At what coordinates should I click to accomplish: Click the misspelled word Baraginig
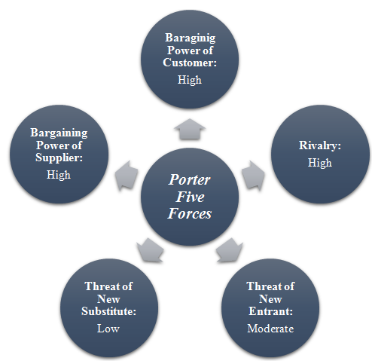190,38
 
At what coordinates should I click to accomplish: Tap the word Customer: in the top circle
190,63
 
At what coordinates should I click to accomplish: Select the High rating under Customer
190,81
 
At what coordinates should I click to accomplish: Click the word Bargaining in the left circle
59,133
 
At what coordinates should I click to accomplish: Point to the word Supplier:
59,158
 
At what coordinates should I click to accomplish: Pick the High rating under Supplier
59,175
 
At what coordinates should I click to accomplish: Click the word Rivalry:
320,145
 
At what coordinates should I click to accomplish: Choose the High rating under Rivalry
320,163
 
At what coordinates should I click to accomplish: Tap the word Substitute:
108,311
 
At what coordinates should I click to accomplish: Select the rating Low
108,329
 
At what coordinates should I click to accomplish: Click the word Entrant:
270,311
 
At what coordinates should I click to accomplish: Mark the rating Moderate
270,329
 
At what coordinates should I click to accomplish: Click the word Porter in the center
189,180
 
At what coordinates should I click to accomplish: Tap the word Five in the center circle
190,197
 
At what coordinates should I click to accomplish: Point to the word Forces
190,213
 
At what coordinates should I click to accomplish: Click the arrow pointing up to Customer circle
190,129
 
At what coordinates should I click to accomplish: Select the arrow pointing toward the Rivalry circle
253,176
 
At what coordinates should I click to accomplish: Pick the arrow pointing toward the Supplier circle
127,176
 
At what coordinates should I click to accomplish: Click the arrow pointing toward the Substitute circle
150,251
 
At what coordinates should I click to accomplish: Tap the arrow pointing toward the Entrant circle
230,251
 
